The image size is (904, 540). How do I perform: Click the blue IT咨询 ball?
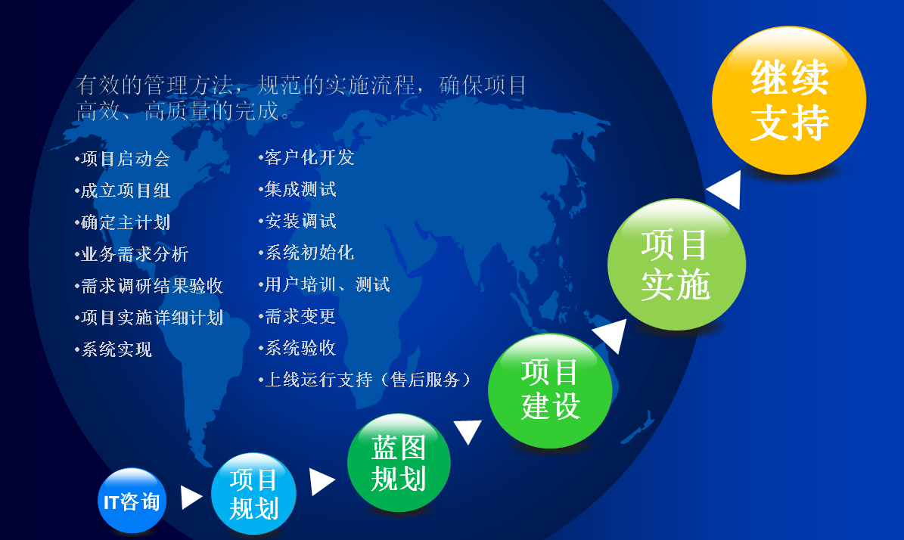pos(132,500)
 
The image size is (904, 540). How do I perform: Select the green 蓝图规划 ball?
pos(399,462)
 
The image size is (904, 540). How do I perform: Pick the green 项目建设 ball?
pos(550,391)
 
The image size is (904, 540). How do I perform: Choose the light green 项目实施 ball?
pos(676,265)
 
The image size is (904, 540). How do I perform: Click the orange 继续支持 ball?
pos(789,101)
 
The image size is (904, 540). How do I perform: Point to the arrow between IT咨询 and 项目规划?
pos(191,498)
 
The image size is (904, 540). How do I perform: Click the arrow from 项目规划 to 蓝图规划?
pos(322,482)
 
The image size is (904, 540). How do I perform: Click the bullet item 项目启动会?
pos(123,159)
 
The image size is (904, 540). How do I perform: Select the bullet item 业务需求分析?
pos(132,253)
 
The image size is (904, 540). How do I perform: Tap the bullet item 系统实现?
pos(113,349)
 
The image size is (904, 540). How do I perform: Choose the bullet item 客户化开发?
pos(306,157)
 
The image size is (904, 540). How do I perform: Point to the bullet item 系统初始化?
pos(306,253)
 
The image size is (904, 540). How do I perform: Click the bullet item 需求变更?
pos(297,316)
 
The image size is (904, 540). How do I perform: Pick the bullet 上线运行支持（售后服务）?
pos(365,379)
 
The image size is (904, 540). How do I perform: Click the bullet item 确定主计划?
pos(123,222)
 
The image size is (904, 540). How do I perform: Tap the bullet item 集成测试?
pos(297,189)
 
